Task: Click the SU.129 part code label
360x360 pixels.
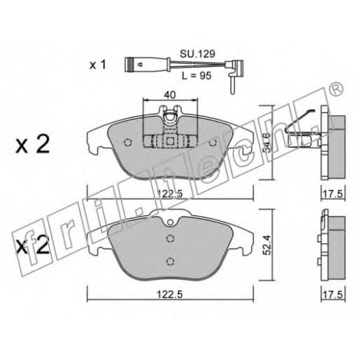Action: pyautogui.click(x=197, y=54)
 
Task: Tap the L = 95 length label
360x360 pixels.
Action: pyautogui.click(x=197, y=76)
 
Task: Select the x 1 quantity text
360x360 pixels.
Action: pyautogui.click(x=97, y=65)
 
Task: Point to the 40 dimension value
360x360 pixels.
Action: pyautogui.click(x=170, y=95)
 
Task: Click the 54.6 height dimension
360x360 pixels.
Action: pyautogui.click(x=266, y=143)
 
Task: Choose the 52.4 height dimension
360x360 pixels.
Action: pyautogui.click(x=266, y=245)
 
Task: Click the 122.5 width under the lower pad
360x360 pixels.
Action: pyautogui.click(x=169, y=294)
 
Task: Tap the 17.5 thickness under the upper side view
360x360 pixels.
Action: pyautogui.click(x=333, y=194)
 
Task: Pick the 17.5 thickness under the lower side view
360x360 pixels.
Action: pyautogui.click(x=333, y=294)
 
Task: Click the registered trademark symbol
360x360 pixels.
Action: pyautogui.click(x=337, y=90)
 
